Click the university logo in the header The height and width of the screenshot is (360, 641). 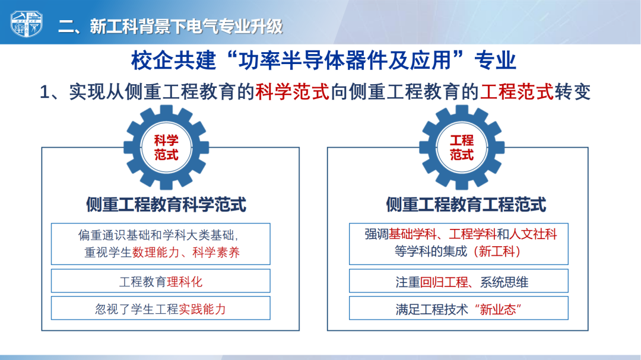[26, 24]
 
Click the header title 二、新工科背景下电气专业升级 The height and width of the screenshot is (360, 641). [170, 27]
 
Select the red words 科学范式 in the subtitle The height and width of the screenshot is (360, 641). [292, 92]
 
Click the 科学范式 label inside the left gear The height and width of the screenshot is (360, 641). [166, 148]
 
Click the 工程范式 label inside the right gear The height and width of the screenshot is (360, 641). [462, 148]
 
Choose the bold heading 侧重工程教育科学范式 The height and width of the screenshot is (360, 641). [166, 205]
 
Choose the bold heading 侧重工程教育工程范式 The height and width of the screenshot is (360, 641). [466, 205]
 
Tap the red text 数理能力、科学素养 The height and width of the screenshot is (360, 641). [186, 253]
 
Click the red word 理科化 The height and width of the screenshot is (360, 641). [185, 282]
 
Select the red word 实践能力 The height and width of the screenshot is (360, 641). [202, 310]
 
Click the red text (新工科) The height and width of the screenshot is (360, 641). [497, 251]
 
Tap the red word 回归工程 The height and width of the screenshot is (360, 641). [444, 282]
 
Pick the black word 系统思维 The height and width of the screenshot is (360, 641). [504, 282]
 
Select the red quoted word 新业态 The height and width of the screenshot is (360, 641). [498, 310]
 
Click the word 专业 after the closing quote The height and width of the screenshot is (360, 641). [495, 60]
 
